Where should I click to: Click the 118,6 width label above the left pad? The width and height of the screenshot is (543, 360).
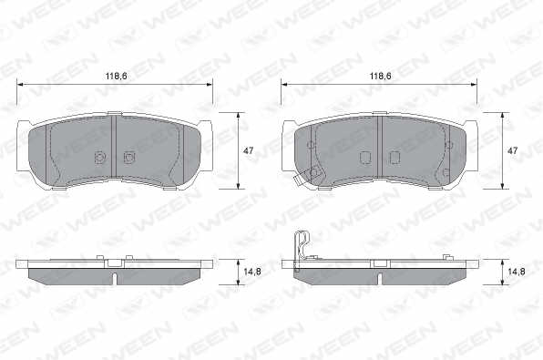(117, 76)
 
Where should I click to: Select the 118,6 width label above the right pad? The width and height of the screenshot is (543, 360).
(380, 76)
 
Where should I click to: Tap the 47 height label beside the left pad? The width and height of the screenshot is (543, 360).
(249, 150)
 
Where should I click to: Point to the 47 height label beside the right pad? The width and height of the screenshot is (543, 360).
(512, 150)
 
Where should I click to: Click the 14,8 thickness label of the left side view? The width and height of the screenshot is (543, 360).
(252, 272)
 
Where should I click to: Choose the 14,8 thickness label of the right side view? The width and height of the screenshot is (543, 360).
(517, 272)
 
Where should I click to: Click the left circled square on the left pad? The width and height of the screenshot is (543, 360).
(99, 158)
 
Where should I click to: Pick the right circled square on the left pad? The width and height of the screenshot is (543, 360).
(129, 158)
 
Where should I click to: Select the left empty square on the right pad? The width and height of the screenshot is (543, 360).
(365, 158)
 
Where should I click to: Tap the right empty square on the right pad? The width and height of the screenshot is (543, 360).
(394, 158)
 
